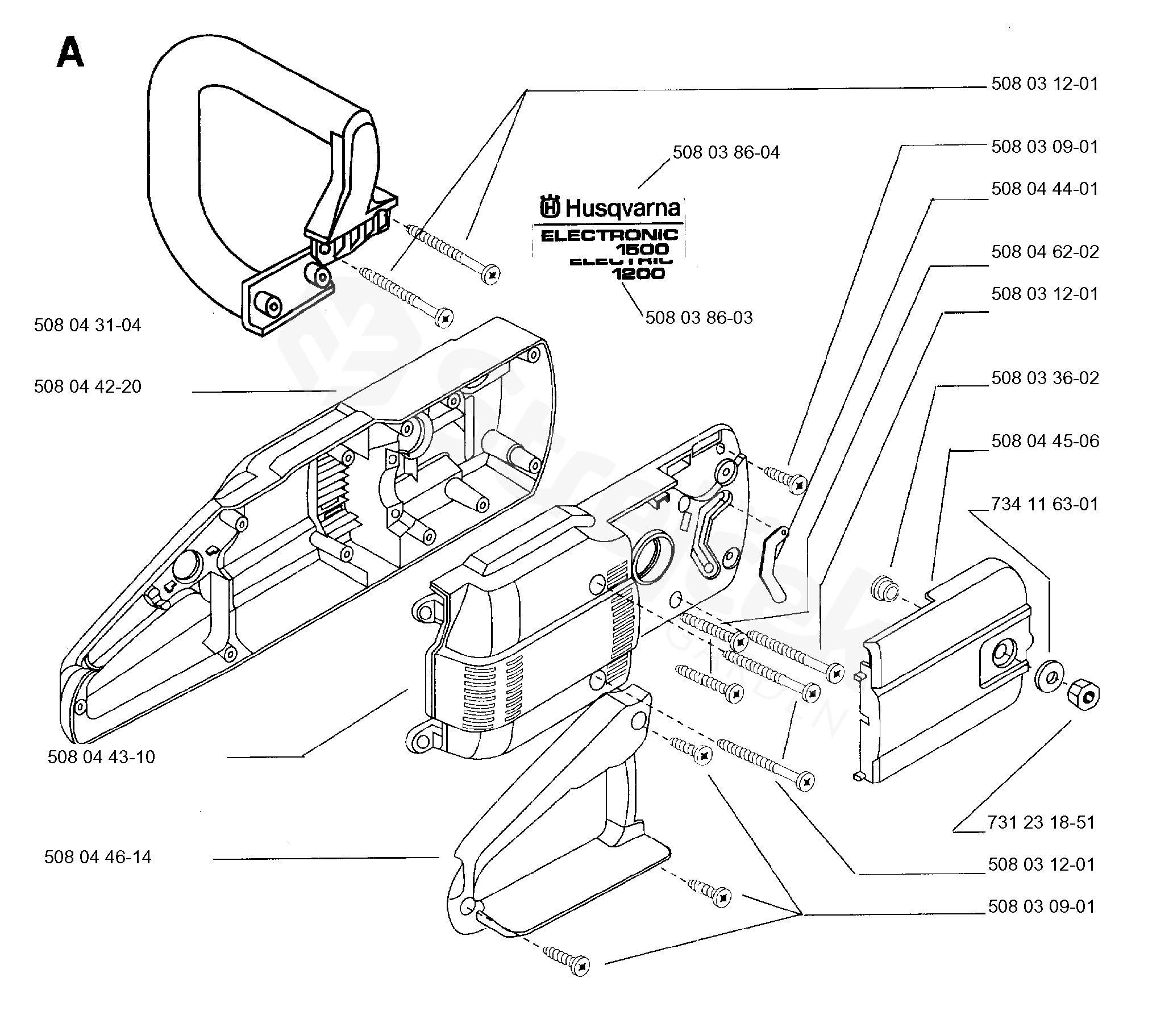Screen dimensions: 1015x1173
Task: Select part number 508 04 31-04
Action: coord(88,326)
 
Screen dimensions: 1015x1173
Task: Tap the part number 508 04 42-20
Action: coord(88,387)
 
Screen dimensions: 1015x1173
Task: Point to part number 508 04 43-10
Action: coord(101,758)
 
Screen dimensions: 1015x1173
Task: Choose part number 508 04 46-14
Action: coord(98,857)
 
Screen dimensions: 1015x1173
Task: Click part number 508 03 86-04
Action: coord(726,152)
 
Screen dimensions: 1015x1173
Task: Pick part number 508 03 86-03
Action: coord(699,318)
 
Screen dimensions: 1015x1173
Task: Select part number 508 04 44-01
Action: coord(1045,189)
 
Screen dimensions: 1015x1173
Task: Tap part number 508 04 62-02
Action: coord(1045,252)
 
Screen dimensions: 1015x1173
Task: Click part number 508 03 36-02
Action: coord(1045,378)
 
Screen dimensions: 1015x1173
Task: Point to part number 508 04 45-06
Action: coord(1045,441)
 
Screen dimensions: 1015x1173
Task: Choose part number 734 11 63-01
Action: coord(1045,504)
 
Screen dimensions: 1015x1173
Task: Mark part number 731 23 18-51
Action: coord(1041,823)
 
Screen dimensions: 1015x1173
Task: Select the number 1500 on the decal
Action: coord(643,249)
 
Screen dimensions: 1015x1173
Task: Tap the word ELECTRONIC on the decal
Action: coord(609,235)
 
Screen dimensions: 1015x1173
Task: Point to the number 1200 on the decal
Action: coord(638,274)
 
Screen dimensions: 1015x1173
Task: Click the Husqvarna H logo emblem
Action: coord(550,207)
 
